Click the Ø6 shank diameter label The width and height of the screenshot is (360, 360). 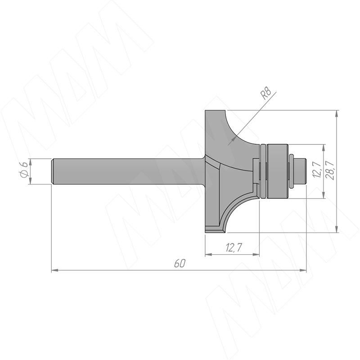pos(24,171)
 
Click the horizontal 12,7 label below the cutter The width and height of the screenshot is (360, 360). pos(234,248)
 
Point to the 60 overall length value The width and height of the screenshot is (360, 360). pos(179,264)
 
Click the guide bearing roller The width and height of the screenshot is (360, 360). pos(277,171)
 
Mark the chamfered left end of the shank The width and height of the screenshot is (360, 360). pos(53,171)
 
